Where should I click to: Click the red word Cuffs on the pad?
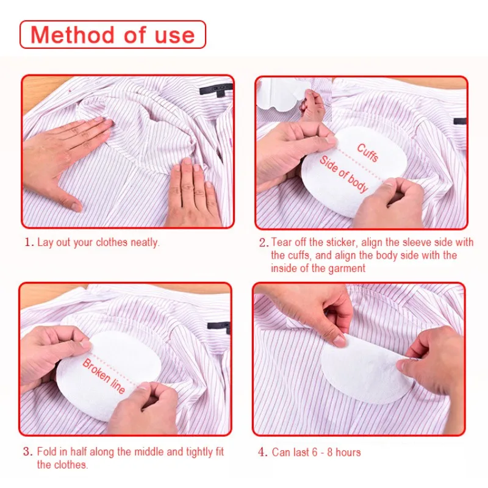click(x=368, y=152)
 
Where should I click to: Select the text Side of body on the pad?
click(x=343, y=174)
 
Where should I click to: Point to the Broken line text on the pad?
click(x=104, y=376)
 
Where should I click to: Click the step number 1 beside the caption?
click(x=28, y=242)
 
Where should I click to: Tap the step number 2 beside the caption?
click(x=264, y=243)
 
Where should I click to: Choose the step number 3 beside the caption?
click(x=27, y=451)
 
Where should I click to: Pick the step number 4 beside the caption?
click(x=262, y=452)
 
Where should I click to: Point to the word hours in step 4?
click(x=348, y=452)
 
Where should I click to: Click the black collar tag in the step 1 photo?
click(x=217, y=90)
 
